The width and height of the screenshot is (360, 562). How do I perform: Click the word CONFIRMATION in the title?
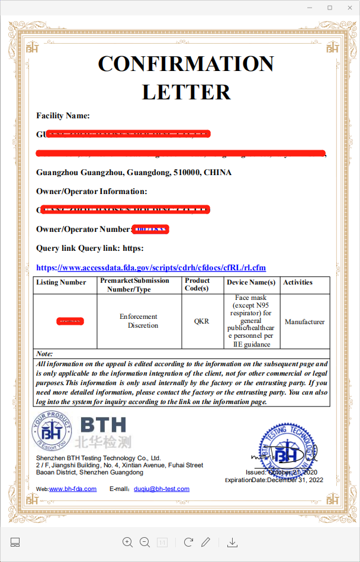(x=185, y=64)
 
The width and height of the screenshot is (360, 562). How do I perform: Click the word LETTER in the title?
(x=186, y=92)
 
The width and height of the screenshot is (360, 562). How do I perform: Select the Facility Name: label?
(x=63, y=115)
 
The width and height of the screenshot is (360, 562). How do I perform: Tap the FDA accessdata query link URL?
(x=151, y=267)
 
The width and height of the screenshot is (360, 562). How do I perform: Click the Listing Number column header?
(x=61, y=282)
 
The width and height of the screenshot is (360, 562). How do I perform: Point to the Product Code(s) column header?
(x=197, y=285)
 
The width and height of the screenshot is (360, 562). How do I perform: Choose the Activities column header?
(x=297, y=282)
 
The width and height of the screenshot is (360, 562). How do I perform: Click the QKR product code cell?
(x=201, y=322)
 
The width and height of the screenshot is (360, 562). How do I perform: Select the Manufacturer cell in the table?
(x=304, y=322)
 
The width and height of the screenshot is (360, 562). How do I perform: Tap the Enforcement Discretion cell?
(x=139, y=321)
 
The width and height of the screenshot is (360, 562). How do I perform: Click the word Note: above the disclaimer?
(x=44, y=354)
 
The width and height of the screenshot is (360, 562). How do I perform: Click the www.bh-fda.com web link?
(x=73, y=489)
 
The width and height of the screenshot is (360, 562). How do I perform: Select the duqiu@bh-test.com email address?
(x=162, y=489)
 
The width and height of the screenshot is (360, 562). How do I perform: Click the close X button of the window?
(x=349, y=7)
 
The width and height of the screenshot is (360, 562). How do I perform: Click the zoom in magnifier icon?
(x=127, y=542)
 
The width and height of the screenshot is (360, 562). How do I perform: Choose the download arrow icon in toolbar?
(x=233, y=542)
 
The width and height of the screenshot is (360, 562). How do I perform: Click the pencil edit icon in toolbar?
(x=205, y=542)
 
